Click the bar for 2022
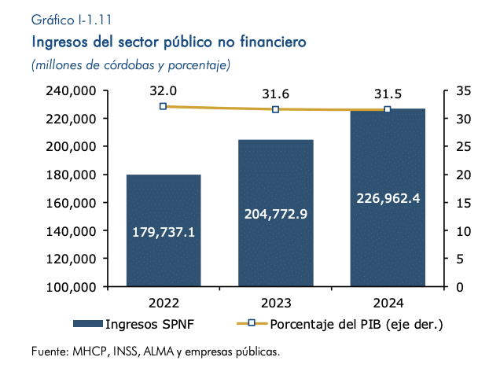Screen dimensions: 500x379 click(164, 230)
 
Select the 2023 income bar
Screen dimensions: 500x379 click(276, 213)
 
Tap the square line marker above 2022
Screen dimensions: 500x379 click(164, 106)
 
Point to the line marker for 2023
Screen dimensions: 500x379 click(275, 109)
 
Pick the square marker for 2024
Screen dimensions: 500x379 click(388, 109)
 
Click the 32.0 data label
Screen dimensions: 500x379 click(164, 91)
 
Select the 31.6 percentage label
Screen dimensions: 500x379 click(275, 94)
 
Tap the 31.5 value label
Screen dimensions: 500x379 click(388, 94)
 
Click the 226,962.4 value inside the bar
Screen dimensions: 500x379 click(388, 198)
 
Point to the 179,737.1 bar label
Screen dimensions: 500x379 click(164, 232)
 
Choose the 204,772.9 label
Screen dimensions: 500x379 click(276, 214)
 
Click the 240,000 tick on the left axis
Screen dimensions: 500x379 click(71, 91)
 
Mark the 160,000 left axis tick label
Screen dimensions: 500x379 click(71, 203)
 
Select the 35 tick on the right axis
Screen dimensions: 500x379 click(463, 91)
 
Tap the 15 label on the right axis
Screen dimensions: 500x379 click(463, 203)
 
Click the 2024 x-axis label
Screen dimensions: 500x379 click(388, 303)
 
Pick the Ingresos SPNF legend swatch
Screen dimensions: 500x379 click(88, 324)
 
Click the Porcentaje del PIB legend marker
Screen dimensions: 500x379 click(252, 323)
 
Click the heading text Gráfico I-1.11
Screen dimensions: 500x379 click(72, 20)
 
